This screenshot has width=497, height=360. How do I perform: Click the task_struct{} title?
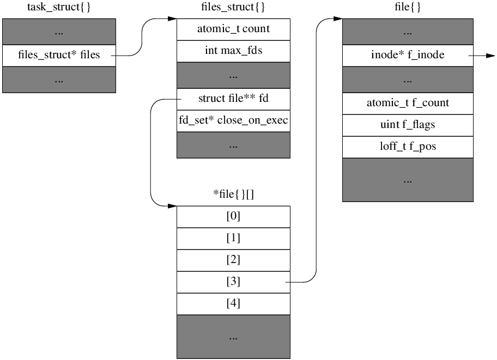coord(59,8)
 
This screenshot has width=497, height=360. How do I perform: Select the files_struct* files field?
coord(59,55)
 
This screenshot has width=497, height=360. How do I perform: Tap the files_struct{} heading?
coord(233,8)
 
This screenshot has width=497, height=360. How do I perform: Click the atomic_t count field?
coord(233,29)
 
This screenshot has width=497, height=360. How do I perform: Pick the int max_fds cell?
coord(233,51)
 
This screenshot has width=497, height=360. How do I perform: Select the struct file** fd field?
coord(233,99)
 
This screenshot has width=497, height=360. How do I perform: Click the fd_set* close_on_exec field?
coord(233,120)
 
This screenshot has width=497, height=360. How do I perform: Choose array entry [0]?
coord(233,216)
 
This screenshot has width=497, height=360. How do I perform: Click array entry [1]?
coord(233,238)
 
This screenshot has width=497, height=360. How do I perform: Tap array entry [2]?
coord(233,260)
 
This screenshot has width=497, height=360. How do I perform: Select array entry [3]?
coord(233,282)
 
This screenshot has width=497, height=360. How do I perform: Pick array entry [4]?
coord(233,303)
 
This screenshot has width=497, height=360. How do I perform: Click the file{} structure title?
coord(408,8)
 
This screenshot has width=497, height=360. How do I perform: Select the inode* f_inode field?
coord(408,55)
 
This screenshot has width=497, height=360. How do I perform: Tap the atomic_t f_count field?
coord(408,103)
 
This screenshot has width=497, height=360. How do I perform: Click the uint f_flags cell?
coord(408,125)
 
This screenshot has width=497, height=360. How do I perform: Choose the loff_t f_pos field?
coord(408,147)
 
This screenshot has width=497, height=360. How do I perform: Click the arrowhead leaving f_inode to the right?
coord(490,55)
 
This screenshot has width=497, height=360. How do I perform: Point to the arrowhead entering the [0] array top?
coord(172,206)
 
